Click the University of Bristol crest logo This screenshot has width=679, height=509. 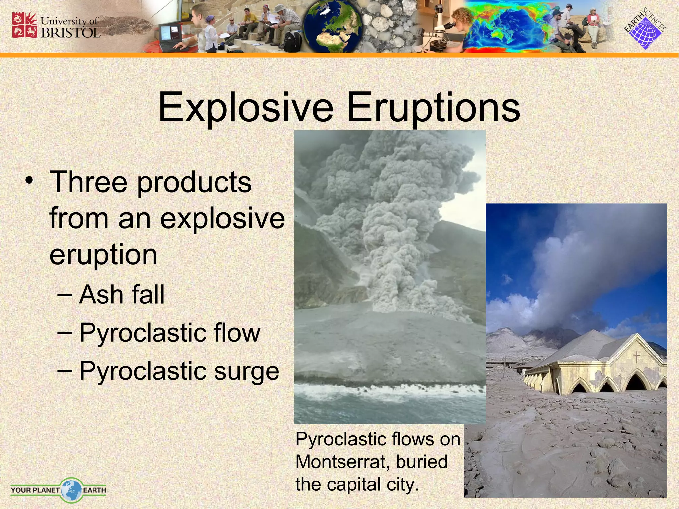click(24, 25)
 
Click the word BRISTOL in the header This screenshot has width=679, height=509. click(71, 33)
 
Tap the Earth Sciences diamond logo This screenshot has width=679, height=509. click(645, 30)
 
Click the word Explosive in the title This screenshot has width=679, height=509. click(246, 108)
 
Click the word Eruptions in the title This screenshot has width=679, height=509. click(433, 108)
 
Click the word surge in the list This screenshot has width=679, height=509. click(246, 371)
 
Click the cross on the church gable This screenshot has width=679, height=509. click(636, 357)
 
